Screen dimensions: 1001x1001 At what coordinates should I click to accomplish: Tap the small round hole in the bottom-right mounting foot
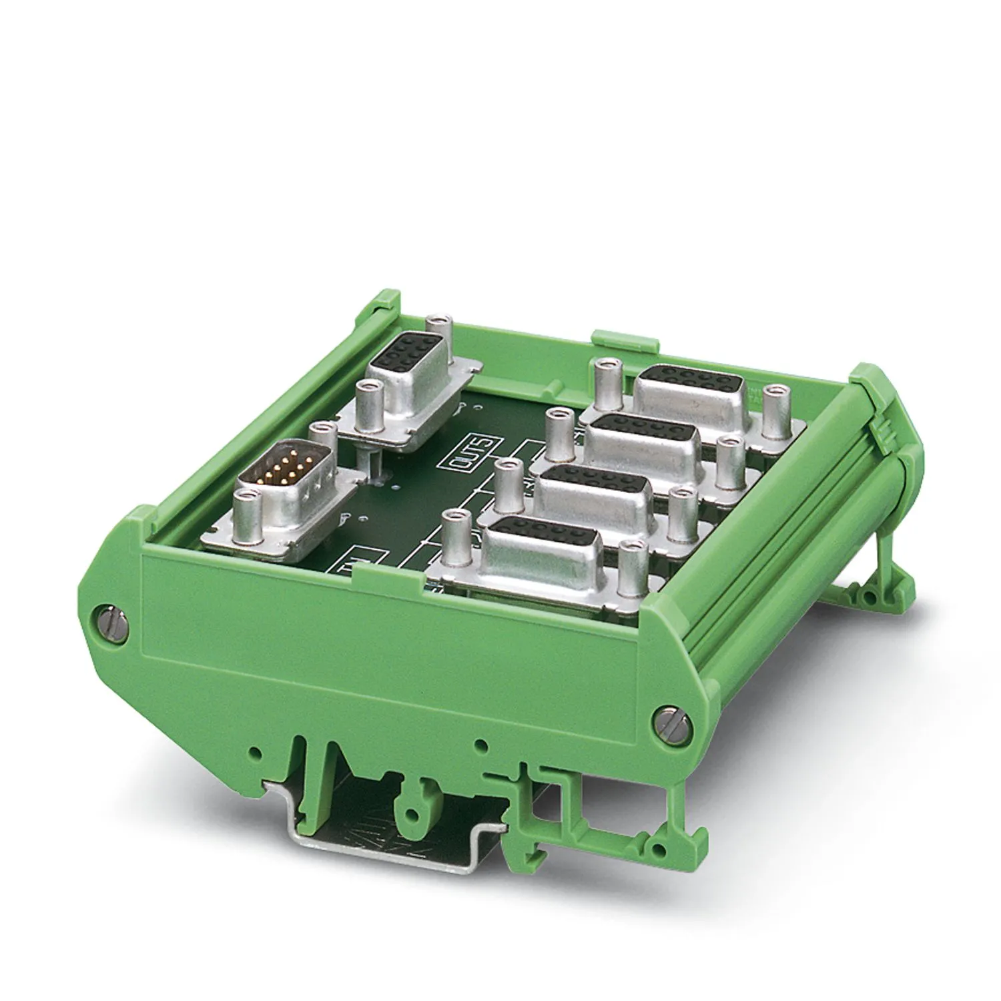659,848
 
